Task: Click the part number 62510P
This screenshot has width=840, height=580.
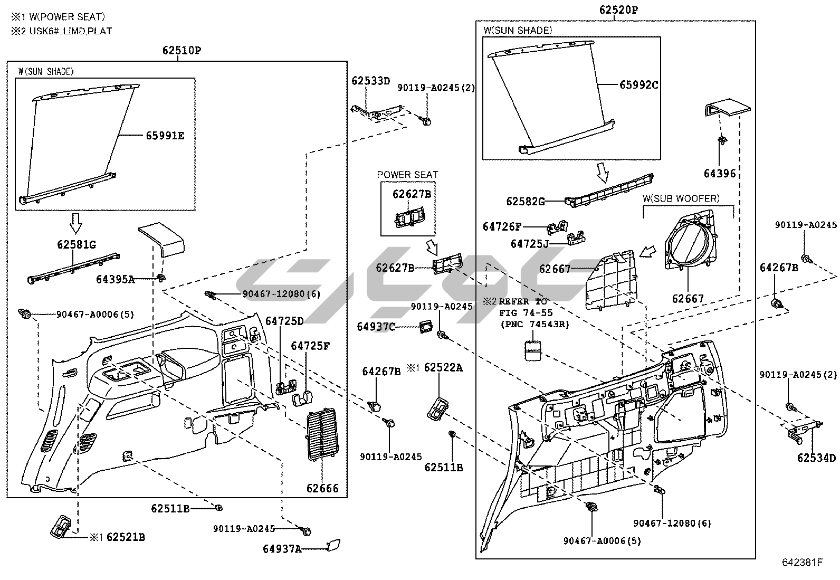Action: tap(182, 50)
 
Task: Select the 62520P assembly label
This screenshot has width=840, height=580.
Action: tap(618, 9)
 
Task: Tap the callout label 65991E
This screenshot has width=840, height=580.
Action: tap(165, 136)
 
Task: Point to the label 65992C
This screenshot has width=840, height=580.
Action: tap(638, 85)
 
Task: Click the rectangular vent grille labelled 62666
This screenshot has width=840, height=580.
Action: tap(322, 434)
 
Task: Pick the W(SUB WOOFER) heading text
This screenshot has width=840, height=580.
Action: tap(681, 198)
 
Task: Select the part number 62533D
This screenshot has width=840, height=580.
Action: tap(370, 81)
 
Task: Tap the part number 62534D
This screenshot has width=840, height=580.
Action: tap(816, 458)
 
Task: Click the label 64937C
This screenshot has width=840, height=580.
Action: tap(376, 327)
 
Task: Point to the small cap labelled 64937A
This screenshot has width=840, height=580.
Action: tap(333, 545)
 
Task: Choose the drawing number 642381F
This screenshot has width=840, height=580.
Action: tap(802, 562)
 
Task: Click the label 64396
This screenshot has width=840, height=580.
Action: tap(720, 173)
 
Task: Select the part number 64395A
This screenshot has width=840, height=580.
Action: tap(115, 279)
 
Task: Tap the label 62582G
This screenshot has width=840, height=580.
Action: tap(526, 202)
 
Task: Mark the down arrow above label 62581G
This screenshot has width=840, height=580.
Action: tap(76, 224)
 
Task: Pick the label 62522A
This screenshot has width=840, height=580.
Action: tap(443, 368)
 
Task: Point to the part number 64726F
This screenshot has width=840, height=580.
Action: tap(502, 226)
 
